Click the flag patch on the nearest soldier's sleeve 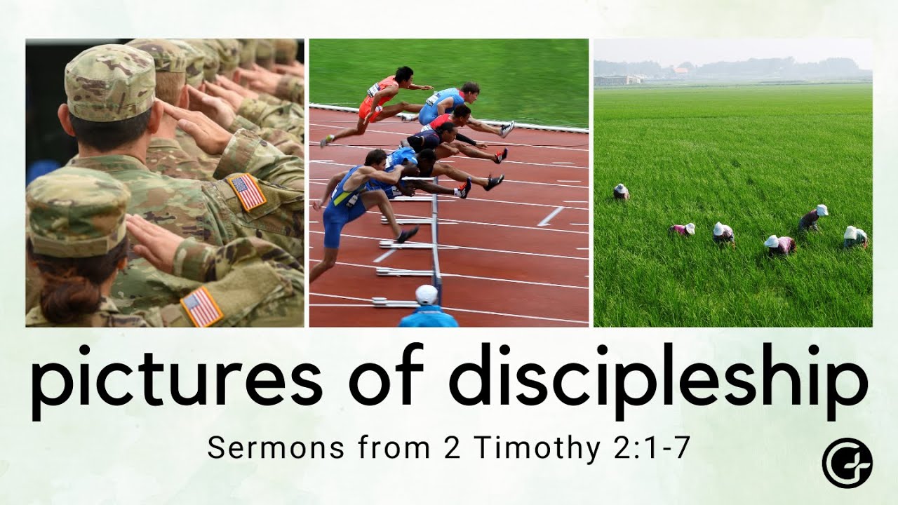pyautogui.click(x=201, y=307)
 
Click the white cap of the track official pyautogui.click(x=427, y=295)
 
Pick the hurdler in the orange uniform pyautogui.click(x=379, y=102)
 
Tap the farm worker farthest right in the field pyautogui.click(x=855, y=237)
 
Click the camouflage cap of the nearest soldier pyautogui.click(x=77, y=210)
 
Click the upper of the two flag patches pyautogui.click(x=248, y=191)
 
